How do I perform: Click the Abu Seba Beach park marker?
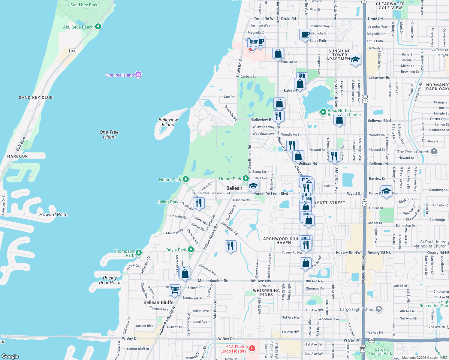point(98,27)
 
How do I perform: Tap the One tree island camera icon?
point(138,75)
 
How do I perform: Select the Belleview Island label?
point(168,122)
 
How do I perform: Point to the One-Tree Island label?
point(109,134)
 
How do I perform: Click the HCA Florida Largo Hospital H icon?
point(252,348)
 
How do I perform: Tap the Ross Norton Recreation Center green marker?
point(323,112)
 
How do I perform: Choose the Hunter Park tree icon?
point(246,178)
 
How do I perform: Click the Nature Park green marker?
point(186,179)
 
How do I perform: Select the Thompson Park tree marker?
point(138,253)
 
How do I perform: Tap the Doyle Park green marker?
point(191,250)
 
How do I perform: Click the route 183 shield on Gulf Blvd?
point(73,51)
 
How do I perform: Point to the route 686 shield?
point(371,340)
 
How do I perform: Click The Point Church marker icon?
point(434,151)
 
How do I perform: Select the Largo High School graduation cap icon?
point(378,309)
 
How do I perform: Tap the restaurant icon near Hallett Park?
point(199,203)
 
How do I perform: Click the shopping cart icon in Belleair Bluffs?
point(174,290)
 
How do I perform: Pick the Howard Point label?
point(53,214)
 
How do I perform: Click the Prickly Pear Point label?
point(110,280)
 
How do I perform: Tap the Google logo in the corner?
point(10,356)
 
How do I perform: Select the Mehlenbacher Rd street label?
point(213,281)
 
